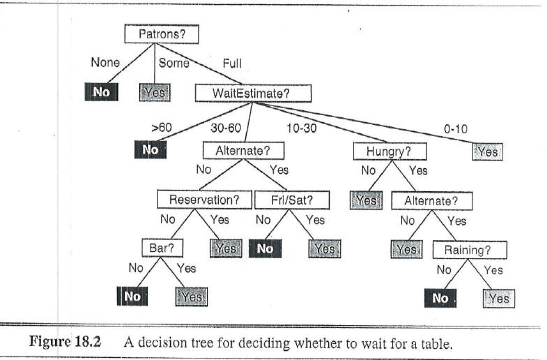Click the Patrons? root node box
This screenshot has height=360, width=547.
pyautogui.click(x=162, y=34)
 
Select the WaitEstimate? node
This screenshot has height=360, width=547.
pyautogui.click(x=253, y=93)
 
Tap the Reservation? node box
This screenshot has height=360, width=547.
pyautogui.click(x=204, y=200)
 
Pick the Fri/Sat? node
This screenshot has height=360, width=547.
pyautogui.click(x=292, y=200)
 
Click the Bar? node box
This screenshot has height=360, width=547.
pyautogui.click(x=162, y=248)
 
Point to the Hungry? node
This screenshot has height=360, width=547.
pyautogui.click(x=389, y=152)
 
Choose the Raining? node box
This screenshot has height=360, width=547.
pyautogui.click(x=470, y=250)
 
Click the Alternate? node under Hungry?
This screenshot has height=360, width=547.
pyautogui.click(x=433, y=201)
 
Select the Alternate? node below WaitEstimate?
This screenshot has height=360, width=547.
pyautogui.click(x=243, y=151)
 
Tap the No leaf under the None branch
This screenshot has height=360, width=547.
pyautogui.click(x=102, y=92)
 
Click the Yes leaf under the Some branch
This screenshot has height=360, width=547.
pyautogui.click(x=155, y=92)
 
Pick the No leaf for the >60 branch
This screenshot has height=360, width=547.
pyautogui.click(x=151, y=149)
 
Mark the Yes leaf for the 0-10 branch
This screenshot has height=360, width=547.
pyautogui.click(x=487, y=152)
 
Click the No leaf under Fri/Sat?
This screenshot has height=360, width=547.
pyautogui.click(x=265, y=248)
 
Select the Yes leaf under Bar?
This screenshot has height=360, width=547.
pyautogui.click(x=191, y=297)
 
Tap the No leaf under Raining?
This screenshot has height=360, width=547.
pyautogui.click(x=440, y=299)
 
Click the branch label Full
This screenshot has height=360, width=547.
pyautogui.click(x=232, y=63)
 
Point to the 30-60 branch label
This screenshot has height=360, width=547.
pyautogui.click(x=226, y=128)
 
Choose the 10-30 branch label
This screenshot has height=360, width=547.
pyautogui.click(x=301, y=128)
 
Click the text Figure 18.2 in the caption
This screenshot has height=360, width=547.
pyautogui.click(x=66, y=342)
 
